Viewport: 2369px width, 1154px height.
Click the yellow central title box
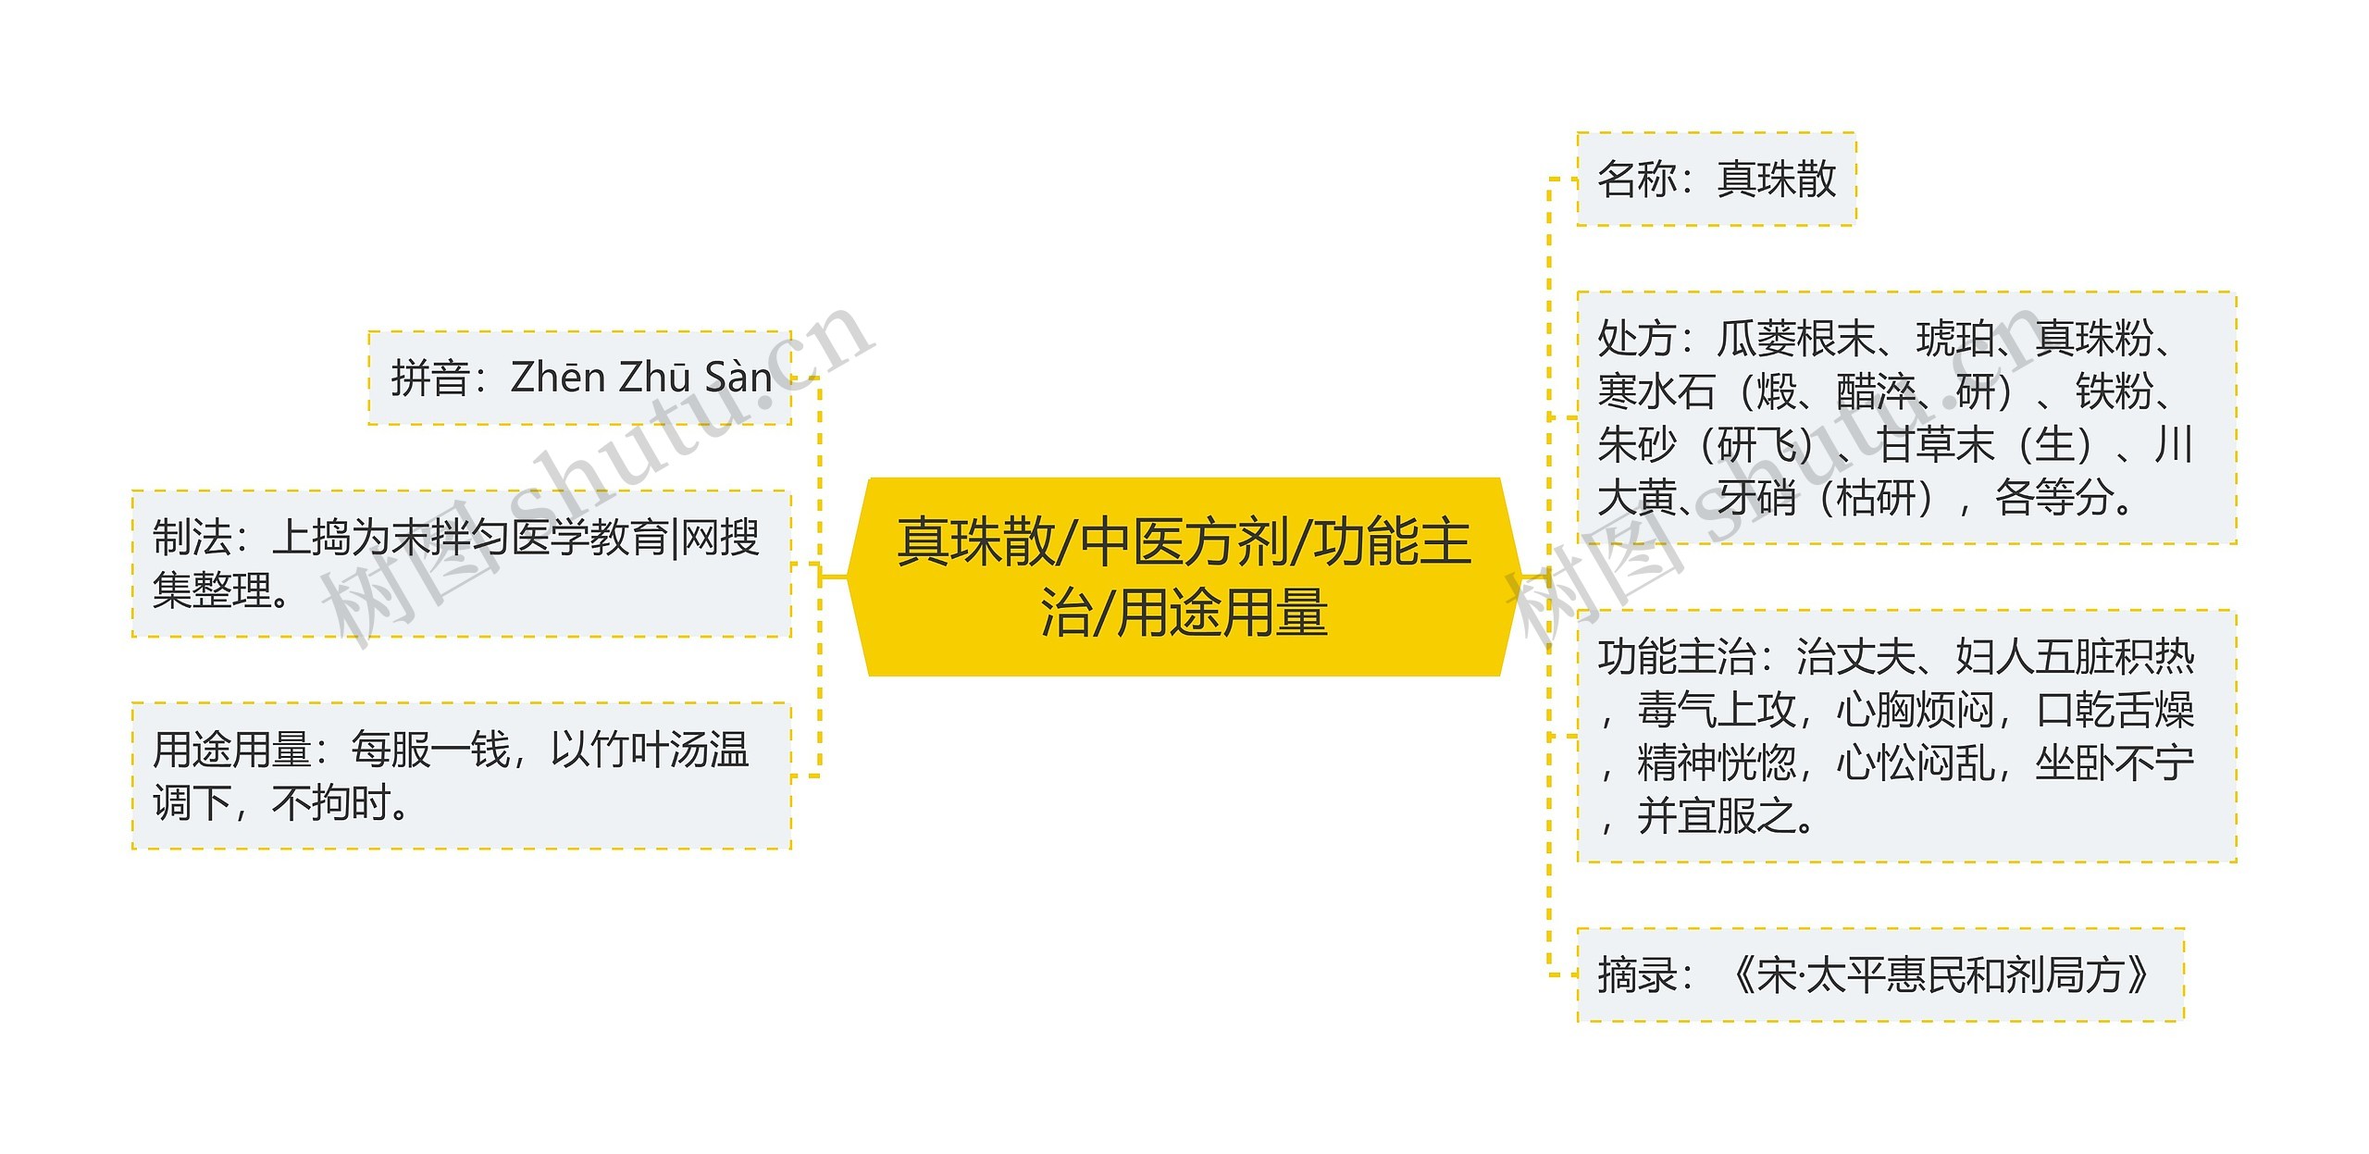1184,577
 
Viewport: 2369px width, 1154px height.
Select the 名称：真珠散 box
1716,179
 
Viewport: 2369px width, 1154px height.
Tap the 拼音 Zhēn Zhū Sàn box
579,378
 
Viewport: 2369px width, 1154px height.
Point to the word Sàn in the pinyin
738,378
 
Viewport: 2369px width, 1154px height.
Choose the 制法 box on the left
461,564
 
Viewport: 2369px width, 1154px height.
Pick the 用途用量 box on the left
461,776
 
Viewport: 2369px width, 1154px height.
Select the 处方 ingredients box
1906,417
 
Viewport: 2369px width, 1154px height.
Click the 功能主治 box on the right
1906,736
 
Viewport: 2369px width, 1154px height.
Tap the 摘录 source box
1879,974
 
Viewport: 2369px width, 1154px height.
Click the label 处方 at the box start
1636,339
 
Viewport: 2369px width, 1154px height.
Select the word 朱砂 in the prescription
1636,445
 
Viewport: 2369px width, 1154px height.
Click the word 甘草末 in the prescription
1936,445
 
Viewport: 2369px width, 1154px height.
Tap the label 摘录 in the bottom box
1636,975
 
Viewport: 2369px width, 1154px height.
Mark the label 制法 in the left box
192,538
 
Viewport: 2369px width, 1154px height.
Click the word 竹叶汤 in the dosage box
629,750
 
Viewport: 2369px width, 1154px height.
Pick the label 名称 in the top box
1636,180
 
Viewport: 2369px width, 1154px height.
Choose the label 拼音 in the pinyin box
429,378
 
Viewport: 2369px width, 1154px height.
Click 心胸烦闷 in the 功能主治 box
1916,711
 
